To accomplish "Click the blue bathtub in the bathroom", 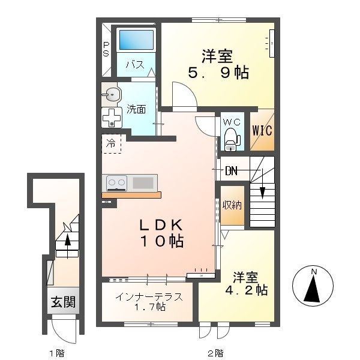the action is click(x=136, y=40).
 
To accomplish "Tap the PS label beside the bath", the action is click(x=106, y=49).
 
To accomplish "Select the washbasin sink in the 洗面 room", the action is click(x=112, y=94).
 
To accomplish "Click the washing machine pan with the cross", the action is click(x=112, y=118).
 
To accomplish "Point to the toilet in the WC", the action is click(x=232, y=140).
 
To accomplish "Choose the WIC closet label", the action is click(x=262, y=130).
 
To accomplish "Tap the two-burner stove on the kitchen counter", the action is click(x=116, y=183).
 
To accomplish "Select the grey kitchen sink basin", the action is click(x=143, y=183).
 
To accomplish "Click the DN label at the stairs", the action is click(x=231, y=171).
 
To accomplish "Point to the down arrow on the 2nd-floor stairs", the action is click(x=262, y=184).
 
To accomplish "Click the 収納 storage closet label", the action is click(x=232, y=205).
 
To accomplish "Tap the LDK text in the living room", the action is click(x=161, y=225).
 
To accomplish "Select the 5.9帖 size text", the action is click(x=218, y=73).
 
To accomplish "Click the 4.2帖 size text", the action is click(x=247, y=290).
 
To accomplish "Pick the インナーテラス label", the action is click(x=149, y=297).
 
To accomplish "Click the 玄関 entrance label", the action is click(x=64, y=302).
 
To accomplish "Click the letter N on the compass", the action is click(x=314, y=272).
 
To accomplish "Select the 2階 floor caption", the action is click(x=215, y=352).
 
